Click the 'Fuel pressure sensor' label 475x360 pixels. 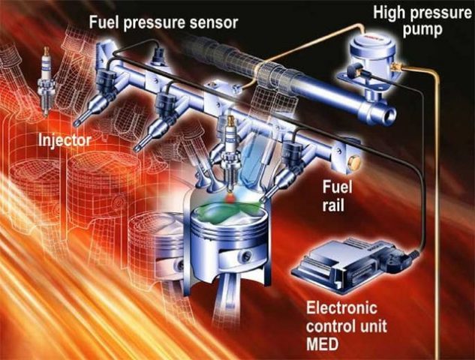click(164, 23)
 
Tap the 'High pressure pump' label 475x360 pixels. click(422, 21)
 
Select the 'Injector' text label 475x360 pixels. click(65, 140)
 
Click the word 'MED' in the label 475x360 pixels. click(322, 344)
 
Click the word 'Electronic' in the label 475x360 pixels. click(341, 308)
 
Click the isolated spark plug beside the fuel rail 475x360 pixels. click(46, 81)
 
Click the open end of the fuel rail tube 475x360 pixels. click(389, 115)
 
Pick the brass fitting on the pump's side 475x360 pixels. click(396, 67)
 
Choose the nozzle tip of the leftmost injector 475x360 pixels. click(77, 123)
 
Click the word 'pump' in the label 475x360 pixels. click(422, 30)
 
